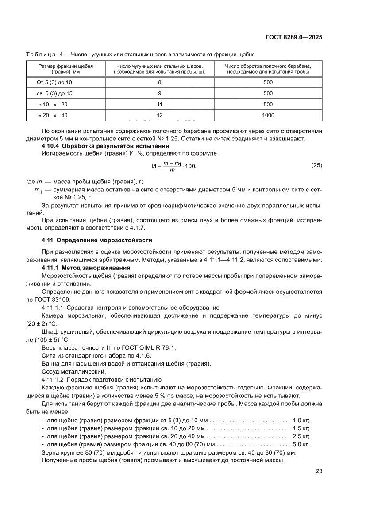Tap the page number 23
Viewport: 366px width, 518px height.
coord(319,471)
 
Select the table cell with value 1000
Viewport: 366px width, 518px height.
coord(268,115)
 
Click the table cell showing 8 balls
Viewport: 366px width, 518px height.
coord(159,82)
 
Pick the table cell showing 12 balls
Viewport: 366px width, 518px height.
coord(159,115)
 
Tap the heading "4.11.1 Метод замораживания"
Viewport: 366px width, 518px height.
coord(86,268)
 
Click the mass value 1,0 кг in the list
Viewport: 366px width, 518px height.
coord(301,420)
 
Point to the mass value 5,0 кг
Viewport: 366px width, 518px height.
coord(301,444)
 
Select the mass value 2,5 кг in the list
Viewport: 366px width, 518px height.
coord(301,436)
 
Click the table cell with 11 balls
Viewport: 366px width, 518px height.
coord(159,104)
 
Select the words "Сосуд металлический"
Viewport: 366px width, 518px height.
coord(73,371)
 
